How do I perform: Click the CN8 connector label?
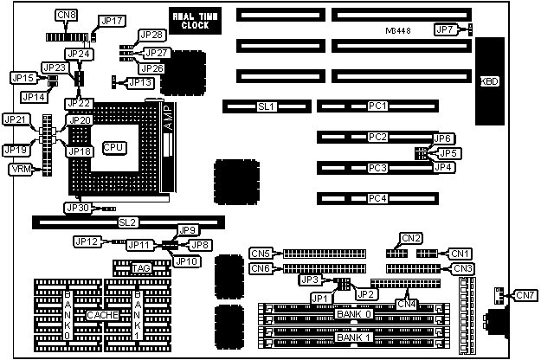tap(65, 15)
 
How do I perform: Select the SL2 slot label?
tap(127, 222)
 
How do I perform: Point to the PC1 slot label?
tap(377, 106)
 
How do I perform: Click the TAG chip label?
tap(141, 269)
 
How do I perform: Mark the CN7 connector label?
tap(525, 296)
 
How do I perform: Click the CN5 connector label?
tap(261, 253)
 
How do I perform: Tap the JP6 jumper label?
tap(442, 138)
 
